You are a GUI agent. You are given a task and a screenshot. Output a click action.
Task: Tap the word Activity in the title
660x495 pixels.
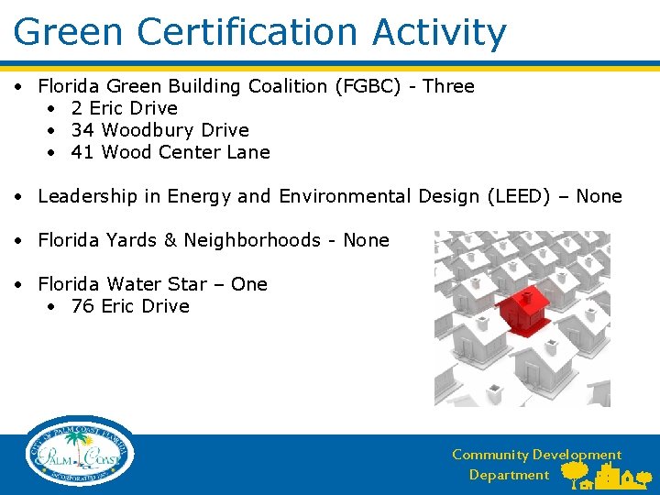[x=439, y=32]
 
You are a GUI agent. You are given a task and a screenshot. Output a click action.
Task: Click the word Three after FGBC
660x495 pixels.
[x=448, y=86]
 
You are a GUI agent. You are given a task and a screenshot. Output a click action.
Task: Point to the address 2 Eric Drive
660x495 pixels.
[x=124, y=108]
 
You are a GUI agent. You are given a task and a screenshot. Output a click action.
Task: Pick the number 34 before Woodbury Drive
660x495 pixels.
[x=82, y=130]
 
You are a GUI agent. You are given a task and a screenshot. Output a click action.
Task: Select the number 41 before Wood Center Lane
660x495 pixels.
[x=82, y=152]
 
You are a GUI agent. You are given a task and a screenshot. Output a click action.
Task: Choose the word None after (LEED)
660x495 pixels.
[x=599, y=196]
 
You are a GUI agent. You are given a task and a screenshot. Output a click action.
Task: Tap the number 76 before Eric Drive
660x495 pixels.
[x=82, y=306]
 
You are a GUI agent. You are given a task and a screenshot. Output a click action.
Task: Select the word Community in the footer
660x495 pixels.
[x=490, y=455]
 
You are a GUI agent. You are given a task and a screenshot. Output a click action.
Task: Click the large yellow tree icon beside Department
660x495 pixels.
[x=576, y=473]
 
